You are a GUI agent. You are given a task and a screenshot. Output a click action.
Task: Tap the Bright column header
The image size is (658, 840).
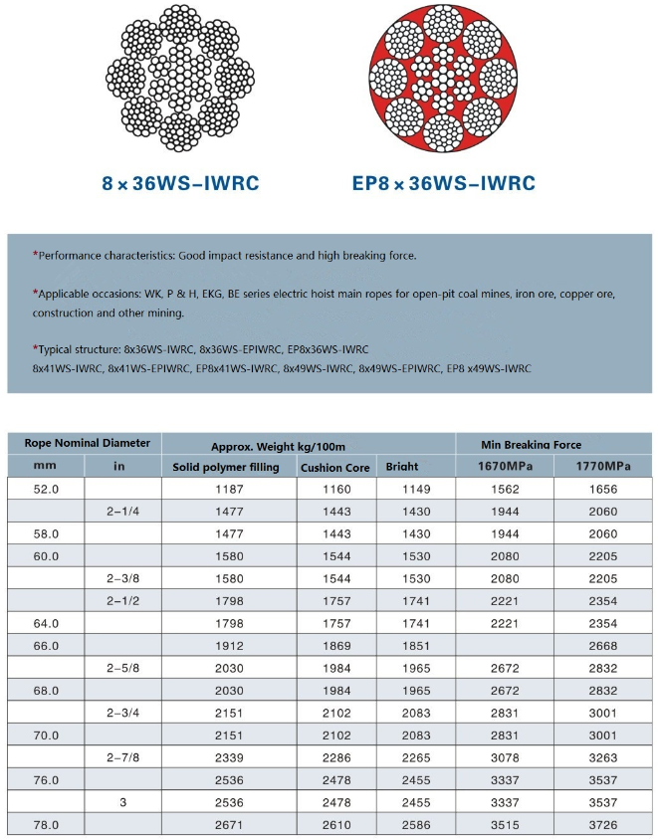[x=402, y=467]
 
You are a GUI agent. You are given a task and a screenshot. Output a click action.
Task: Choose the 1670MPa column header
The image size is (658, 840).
[x=504, y=466]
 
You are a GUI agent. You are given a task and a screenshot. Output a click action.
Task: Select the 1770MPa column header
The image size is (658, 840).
[x=603, y=466]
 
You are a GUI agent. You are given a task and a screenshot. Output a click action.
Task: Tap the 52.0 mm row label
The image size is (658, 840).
[x=47, y=489]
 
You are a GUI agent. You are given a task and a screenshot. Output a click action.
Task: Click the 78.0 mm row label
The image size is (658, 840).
[x=47, y=825]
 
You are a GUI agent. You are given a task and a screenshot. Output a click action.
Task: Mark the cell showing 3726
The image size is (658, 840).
[x=603, y=825]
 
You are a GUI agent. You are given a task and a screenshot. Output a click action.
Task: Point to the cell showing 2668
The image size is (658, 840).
[x=603, y=645]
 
